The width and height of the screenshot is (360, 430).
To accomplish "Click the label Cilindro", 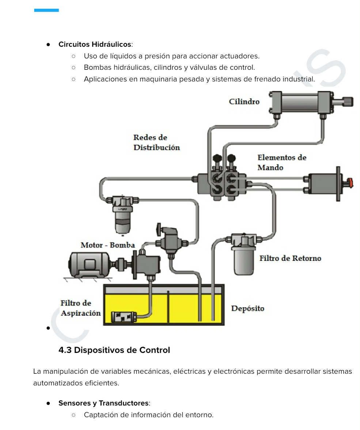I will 244,102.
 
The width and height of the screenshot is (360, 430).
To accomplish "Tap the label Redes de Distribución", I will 156,142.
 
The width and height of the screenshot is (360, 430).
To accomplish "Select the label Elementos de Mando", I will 281,162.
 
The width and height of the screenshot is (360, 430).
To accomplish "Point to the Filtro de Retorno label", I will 290,258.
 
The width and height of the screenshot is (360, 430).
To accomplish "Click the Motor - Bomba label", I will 107,245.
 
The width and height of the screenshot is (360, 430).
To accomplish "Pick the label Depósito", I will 247,308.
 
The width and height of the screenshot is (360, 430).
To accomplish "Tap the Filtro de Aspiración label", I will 80,308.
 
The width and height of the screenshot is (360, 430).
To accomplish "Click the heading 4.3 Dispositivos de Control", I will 114,350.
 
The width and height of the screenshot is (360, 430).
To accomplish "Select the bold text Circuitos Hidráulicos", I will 95,45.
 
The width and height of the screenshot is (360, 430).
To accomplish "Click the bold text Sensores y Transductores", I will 103,403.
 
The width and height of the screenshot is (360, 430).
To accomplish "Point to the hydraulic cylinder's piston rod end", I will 348,101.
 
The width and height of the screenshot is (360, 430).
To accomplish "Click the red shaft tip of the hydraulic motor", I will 350,182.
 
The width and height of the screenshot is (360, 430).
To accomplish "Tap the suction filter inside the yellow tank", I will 124,317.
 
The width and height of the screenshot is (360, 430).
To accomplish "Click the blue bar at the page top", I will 46,10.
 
